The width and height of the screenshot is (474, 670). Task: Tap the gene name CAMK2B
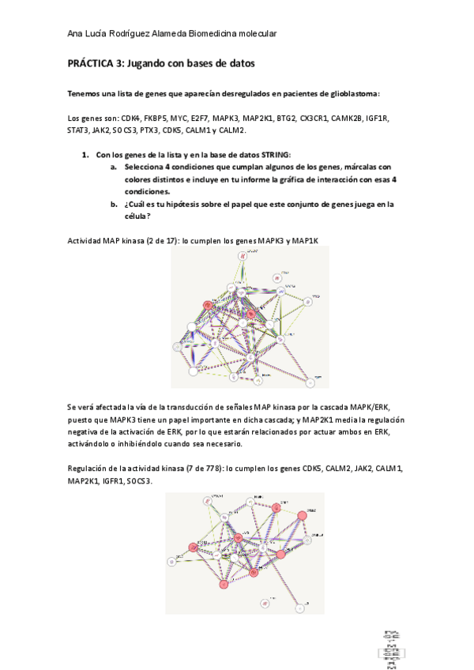pyautogui.click(x=348, y=118)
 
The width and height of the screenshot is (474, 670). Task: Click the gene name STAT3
pyautogui.click(x=78, y=130)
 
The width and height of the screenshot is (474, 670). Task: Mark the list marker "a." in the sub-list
pyautogui.click(x=114, y=167)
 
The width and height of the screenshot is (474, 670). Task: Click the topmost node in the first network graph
pyautogui.click(x=244, y=256)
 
